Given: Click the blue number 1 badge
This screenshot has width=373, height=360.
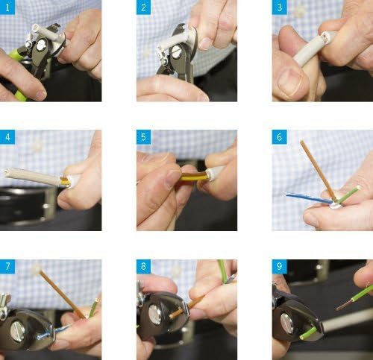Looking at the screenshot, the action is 7,7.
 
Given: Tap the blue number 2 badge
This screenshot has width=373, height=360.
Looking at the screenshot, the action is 143,7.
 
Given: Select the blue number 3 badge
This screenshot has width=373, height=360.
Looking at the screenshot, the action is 280,7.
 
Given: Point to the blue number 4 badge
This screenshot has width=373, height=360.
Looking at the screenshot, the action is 7,137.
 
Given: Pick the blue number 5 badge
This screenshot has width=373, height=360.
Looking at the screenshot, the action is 143,137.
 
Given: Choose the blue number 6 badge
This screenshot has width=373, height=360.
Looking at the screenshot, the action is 280,137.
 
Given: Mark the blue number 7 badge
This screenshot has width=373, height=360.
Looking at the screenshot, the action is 7,267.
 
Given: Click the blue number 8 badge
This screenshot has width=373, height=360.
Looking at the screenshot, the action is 143,267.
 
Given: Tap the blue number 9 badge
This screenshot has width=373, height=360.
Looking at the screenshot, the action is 280,267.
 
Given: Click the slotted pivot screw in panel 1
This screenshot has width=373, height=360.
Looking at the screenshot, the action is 40,46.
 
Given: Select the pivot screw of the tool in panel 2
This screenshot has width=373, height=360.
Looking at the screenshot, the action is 176,52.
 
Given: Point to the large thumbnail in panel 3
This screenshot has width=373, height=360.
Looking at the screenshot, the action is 289,82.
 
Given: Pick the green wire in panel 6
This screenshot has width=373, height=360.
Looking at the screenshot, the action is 348,195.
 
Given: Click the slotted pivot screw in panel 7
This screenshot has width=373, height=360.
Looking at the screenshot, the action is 17,332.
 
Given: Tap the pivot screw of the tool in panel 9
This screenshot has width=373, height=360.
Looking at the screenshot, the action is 287,323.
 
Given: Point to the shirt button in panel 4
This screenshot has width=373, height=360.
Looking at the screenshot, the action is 37,146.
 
